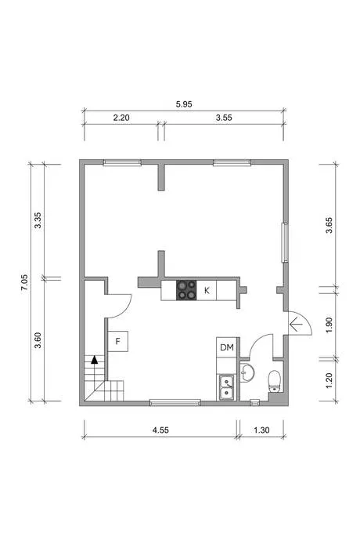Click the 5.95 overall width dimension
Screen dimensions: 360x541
[x=184, y=104]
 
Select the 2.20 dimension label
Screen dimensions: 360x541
[x=121, y=118]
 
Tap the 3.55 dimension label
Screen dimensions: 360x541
[x=224, y=118]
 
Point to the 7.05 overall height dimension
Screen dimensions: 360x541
[x=24, y=282]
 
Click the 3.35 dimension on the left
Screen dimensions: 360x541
[x=38, y=220]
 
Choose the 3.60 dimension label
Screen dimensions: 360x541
[x=38, y=340]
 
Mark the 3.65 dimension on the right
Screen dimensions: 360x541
[x=329, y=225]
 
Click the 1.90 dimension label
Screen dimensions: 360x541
[x=329, y=325]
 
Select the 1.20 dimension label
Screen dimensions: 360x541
[x=329, y=380]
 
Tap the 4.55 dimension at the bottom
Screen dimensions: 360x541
[x=160, y=430]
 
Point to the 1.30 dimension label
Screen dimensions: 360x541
[x=261, y=430]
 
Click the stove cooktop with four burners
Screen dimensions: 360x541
[x=186, y=290]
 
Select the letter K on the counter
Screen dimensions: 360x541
[x=207, y=291]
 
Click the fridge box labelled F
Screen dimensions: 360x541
[x=118, y=342]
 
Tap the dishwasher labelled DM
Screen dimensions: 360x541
[x=227, y=347]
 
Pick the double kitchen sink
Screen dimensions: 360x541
[x=226, y=387]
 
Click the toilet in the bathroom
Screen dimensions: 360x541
[x=275, y=381]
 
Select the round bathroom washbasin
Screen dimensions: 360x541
[x=247, y=372]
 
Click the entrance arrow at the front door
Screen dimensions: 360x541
[x=296, y=325]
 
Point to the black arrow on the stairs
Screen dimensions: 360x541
[x=94, y=360]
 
